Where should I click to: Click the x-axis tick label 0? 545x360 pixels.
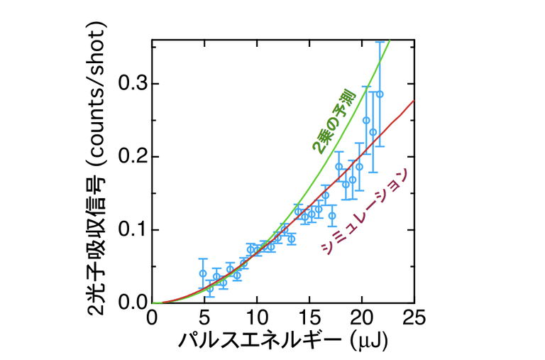[x=152, y=316]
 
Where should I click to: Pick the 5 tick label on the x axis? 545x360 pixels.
[x=204, y=316]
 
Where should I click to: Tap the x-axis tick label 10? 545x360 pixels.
[x=257, y=316]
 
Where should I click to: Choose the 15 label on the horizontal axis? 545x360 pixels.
[x=309, y=316]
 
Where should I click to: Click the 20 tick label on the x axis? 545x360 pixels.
[x=362, y=316]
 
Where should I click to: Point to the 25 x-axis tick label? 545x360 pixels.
[x=414, y=316]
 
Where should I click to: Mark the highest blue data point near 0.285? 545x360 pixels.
[x=380, y=94]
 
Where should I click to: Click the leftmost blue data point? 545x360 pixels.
[x=203, y=273]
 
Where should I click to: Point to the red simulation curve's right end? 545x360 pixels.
[x=414, y=100]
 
